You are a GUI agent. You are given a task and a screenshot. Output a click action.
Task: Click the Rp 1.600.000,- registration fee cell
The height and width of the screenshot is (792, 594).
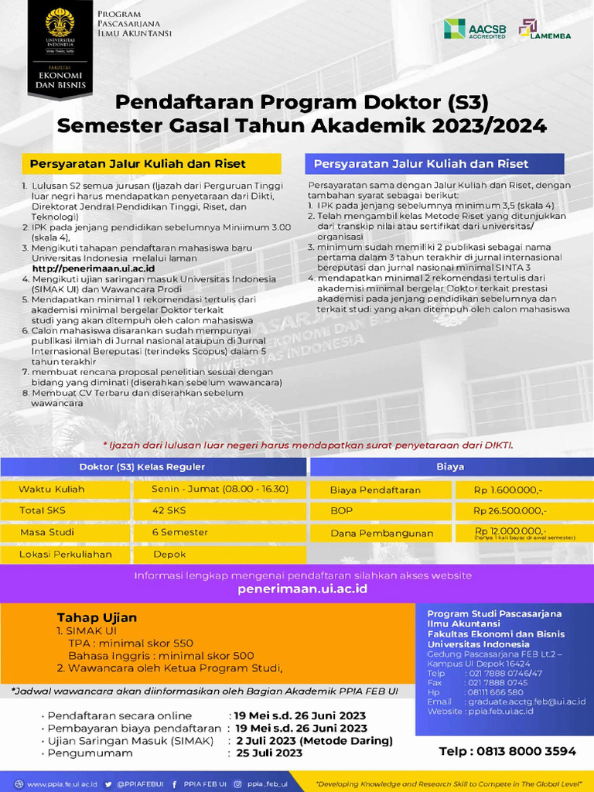point(508,490)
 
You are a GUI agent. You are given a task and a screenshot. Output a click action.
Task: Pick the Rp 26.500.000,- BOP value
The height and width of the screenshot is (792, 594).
point(510,510)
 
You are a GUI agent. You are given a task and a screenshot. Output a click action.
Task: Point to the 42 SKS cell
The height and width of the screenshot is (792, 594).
point(169,510)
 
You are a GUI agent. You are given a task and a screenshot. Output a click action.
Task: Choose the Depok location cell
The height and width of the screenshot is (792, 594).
point(169,554)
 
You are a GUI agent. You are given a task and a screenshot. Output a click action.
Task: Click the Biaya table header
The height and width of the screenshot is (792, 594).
point(450,466)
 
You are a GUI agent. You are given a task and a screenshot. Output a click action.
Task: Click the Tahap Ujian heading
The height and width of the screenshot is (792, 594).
point(97,617)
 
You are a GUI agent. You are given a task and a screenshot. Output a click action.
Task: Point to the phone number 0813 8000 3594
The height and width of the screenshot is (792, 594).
point(507,751)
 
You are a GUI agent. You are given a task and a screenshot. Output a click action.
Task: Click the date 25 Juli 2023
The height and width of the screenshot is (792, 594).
point(269,753)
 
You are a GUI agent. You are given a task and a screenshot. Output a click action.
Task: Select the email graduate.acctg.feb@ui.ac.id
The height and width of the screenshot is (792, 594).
point(527,702)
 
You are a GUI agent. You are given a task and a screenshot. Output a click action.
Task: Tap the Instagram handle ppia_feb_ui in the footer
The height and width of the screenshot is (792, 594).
point(267,783)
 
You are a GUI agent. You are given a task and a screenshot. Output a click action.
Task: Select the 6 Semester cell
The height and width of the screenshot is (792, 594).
point(180,532)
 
